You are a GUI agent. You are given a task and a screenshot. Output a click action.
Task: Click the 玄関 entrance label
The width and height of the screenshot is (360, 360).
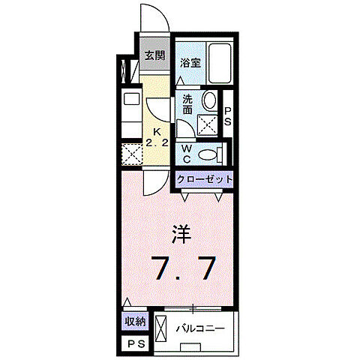click(155, 55)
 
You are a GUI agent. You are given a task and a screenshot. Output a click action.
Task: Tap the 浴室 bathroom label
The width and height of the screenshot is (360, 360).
click(190, 64)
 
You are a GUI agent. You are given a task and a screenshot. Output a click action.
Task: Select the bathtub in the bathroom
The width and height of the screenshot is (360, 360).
click(220, 63)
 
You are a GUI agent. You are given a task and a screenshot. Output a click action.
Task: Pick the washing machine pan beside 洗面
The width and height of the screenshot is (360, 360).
click(208, 124)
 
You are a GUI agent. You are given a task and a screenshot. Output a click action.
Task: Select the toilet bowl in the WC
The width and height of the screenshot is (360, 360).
click(214, 154)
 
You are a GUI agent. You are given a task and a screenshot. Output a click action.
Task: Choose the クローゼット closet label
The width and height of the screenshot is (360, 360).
click(205, 180)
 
